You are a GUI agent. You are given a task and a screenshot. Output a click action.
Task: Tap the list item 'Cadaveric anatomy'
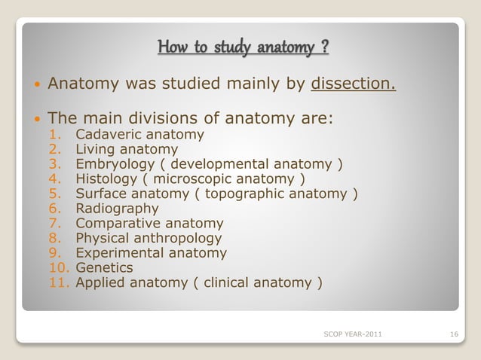139,136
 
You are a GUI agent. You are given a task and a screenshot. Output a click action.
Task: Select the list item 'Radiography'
117,209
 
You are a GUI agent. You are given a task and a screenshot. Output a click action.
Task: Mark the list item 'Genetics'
104,267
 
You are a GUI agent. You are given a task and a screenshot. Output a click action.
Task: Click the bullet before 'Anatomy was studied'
34,82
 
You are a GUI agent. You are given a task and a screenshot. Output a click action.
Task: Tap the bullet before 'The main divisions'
34,119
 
